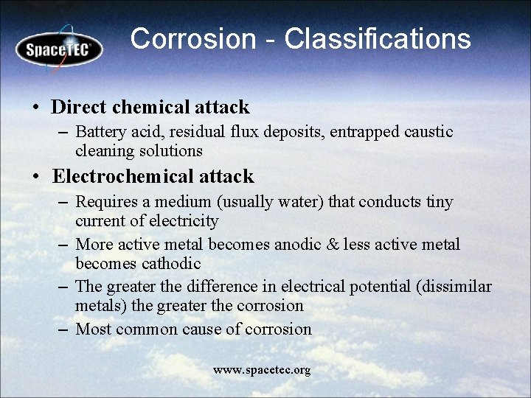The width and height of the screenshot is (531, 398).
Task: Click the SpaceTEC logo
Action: [x=59, y=49]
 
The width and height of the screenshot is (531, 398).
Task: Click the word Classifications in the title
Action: [x=378, y=39]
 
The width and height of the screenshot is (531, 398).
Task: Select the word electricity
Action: [x=184, y=221]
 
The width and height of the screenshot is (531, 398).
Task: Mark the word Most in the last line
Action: [x=93, y=329]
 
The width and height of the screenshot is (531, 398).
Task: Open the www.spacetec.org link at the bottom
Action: [x=262, y=370]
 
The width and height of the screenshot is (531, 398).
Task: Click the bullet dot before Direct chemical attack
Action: [x=35, y=108]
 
